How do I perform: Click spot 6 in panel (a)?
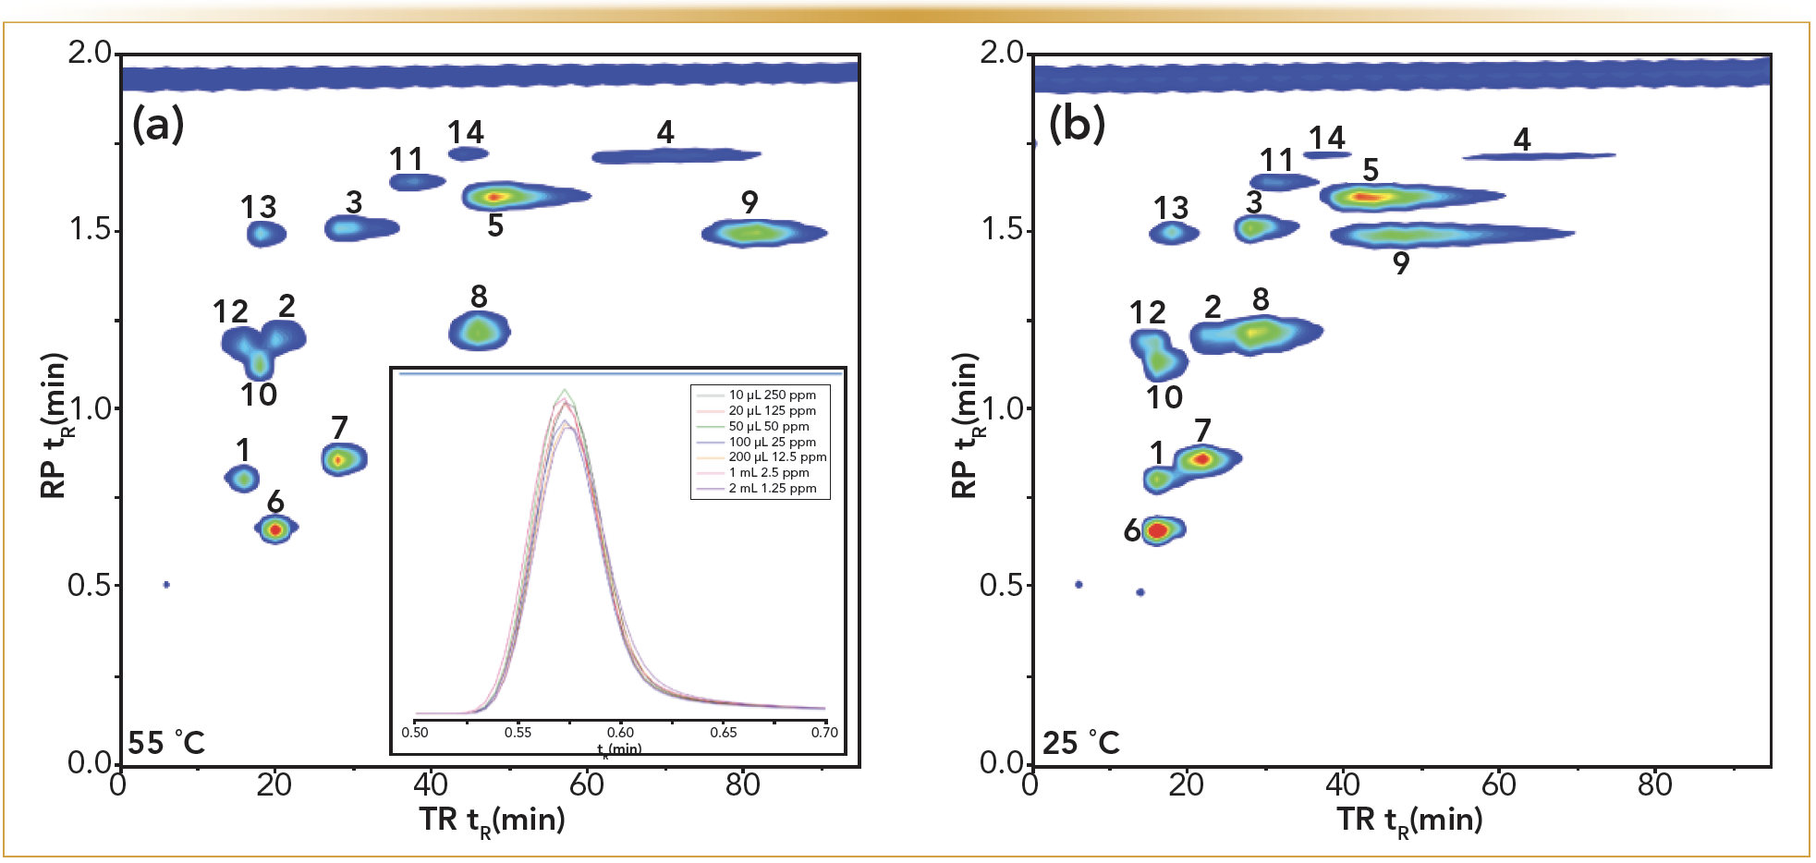pyautogui.click(x=274, y=529)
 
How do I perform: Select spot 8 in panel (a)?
pyautogui.click(x=479, y=331)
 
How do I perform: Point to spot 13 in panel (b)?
pyautogui.click(x=1173, y=232)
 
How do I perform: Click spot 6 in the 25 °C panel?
pyautogui.click(x=1160, y=530)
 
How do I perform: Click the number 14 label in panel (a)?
pyautogui.click(x=466, y=133)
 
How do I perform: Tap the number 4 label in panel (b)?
pyautogui.click(x=1522, y=140)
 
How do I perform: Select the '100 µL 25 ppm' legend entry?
pyautogui.click(x=772, y=442)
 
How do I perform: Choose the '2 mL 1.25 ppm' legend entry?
pyautogui.click(x=772, y=488)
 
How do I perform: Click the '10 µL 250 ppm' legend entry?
pyautogui.click(x=772, y=395)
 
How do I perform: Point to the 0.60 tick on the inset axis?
pyautogui.click(x=620, y=732)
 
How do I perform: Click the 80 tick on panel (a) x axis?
pyautogui.click(x=743, y=784)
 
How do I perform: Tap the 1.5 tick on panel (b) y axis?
pyautogui.click(x=1005, y=228)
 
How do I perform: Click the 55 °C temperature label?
pyautogui.click(x=166, y=743)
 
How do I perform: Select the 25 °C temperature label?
pyautogui.click(x=1081, y=743)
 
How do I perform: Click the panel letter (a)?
pyautogui.click(x=158, y=123)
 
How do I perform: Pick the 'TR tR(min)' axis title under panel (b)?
pyautogui.click(x=1409, y=820)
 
